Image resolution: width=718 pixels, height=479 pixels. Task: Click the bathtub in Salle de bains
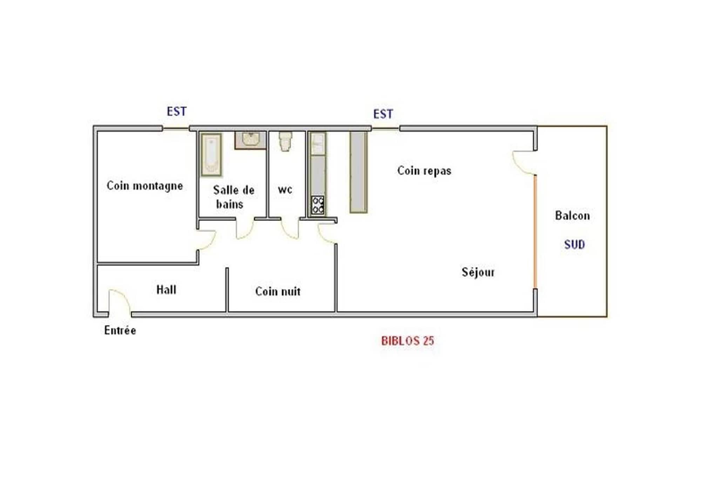[x=211, y=155]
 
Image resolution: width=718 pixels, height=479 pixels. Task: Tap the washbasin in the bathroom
[x=250, y=140]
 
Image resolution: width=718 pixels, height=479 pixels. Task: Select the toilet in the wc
[x=285, y=141]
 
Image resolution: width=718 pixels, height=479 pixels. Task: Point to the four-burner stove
[x=318, y=205]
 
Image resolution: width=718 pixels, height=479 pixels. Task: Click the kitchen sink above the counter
[x=318, y=144]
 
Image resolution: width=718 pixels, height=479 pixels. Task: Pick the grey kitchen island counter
[x=358, y=172]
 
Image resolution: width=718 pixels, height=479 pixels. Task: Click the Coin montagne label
[x=145, y=186]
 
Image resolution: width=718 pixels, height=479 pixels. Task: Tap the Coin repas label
[x=424, y=171]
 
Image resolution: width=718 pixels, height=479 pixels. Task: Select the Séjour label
[x=478, y=272]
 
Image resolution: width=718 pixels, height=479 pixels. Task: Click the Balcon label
[x=573, y=215]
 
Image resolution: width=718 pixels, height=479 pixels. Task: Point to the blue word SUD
[x=575, y=244]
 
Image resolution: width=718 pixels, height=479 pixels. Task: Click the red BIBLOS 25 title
[x=407, y=341]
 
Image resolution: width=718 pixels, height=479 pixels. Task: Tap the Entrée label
[x=120, y=330]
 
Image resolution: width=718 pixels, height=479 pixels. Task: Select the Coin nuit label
[x=278, y=291]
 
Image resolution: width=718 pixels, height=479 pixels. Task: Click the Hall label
[x=166, y=290]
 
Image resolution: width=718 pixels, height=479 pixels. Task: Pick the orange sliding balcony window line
[x=535, y=232]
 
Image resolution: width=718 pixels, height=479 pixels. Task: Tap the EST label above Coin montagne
[x=176, y=112]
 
